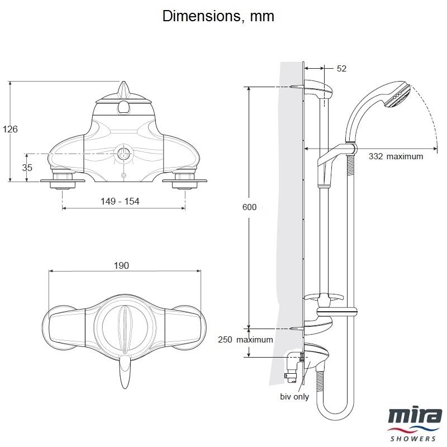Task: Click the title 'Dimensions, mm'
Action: pos(218,16)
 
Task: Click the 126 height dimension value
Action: pos(11,129)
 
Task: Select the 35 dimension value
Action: pos(27,167)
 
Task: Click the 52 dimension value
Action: pos(342,69)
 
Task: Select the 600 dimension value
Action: pos(250,207)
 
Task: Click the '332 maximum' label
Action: pos(396,156)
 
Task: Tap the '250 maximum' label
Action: pos(246,340)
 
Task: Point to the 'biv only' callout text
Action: pos(294,397)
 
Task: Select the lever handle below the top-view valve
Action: pos(126,372)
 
